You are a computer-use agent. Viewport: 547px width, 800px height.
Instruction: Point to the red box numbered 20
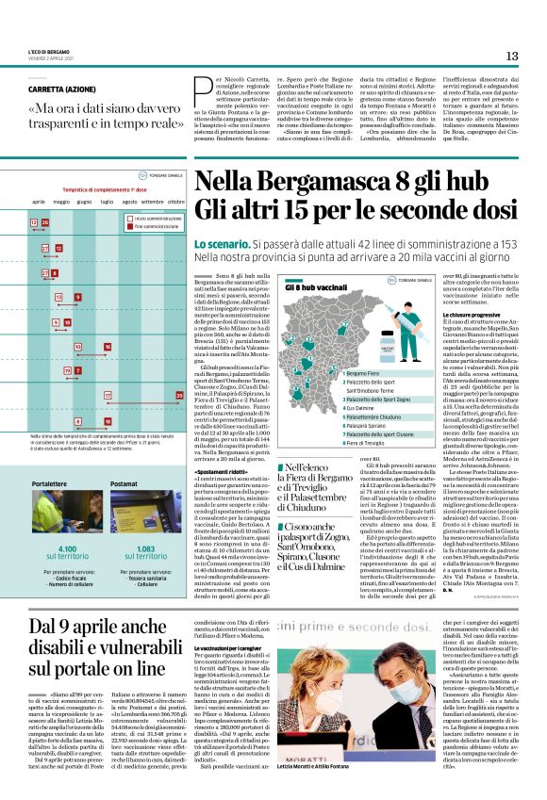click(179, 396)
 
